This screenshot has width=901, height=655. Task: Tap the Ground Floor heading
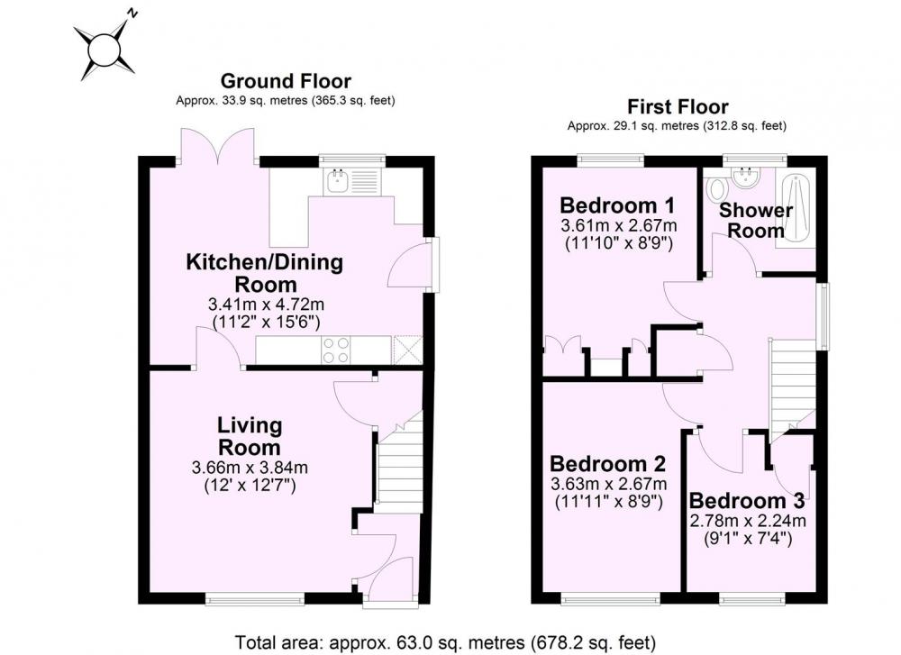point(286,81)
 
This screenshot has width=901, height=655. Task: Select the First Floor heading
point(678,106)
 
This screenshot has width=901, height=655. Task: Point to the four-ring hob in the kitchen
point(336,350)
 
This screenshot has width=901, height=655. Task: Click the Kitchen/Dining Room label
point(265,273)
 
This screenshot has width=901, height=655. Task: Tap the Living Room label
point(250,436)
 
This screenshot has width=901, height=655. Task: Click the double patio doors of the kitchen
point(218,147)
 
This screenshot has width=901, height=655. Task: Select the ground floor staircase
point(400,466)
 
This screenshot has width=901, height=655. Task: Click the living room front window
point(255,600)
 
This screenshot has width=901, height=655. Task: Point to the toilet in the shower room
point(716,188)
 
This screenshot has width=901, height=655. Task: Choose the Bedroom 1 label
point(617,205)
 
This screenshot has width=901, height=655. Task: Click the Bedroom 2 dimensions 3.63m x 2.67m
point(608,483)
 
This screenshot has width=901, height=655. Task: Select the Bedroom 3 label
point(746,501)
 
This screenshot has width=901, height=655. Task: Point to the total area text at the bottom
point(445,641)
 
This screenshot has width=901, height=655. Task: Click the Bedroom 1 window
point(610,160)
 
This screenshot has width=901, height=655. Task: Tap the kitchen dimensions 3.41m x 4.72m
point(266,304)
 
